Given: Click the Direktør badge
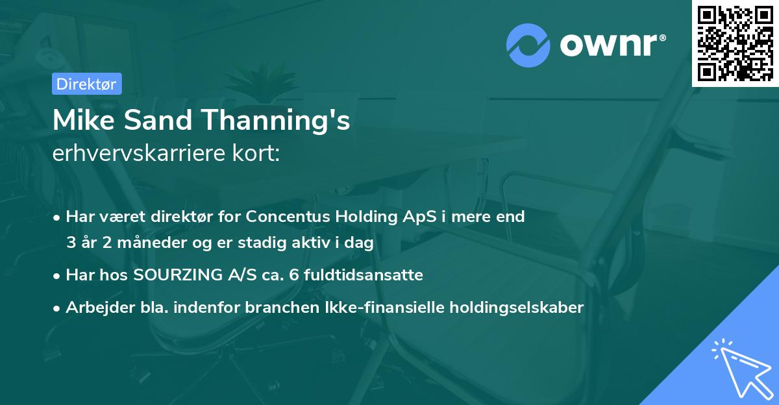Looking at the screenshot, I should click(x=86, y=84).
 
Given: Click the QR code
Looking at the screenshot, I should click(x=735, y=43).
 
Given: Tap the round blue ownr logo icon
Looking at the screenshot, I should click(x=528, y=45).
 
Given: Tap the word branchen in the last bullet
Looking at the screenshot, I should click(x=272, y=308).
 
